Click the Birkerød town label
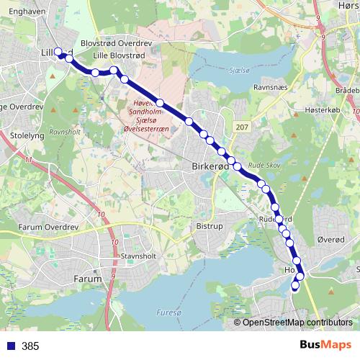tap(210, 166)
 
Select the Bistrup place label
tap(210, 225)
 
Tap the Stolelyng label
tap(27, 135)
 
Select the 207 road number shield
tap(241, 127)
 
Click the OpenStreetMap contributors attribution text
tap(297, 323)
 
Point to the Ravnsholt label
tap(65, 133)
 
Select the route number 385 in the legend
tap(30, 346)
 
